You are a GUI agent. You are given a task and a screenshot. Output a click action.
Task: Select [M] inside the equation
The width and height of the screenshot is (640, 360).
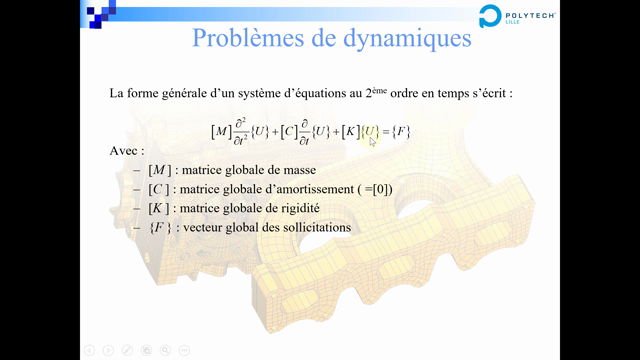pyautogui.click(x=220, y=131)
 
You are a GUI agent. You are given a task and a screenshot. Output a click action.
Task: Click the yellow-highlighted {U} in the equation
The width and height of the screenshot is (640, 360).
pyautogui.click(x=370, y=131)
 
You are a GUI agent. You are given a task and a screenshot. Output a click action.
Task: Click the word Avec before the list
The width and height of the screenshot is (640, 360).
pyautogui.click(x=126, y=150)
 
